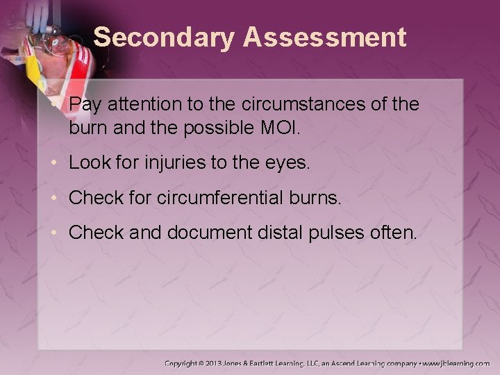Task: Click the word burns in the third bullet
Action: pyautogui.click(x=319, y=198)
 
